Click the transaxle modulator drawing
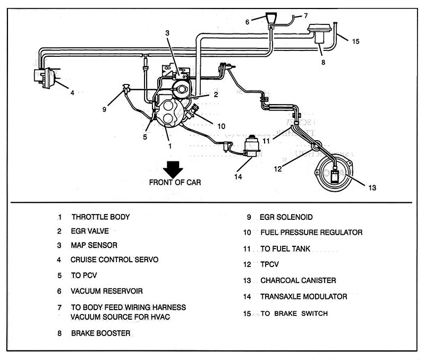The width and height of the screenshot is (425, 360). tap(249, 145)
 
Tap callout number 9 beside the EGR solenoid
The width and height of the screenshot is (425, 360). tap(104, 110)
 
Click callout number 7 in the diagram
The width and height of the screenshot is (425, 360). tap(305, 15)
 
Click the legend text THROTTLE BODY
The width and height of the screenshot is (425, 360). tap(100, 217)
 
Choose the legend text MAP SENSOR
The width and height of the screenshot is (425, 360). tap(94, 246)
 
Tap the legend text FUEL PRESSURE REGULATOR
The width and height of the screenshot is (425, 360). tap(311, 233)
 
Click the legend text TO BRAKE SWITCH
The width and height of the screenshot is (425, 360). tap(294, 314)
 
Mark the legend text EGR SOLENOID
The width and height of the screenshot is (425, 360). tap(286, 217)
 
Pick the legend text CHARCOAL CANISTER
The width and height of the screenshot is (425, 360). tap(298, 280)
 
